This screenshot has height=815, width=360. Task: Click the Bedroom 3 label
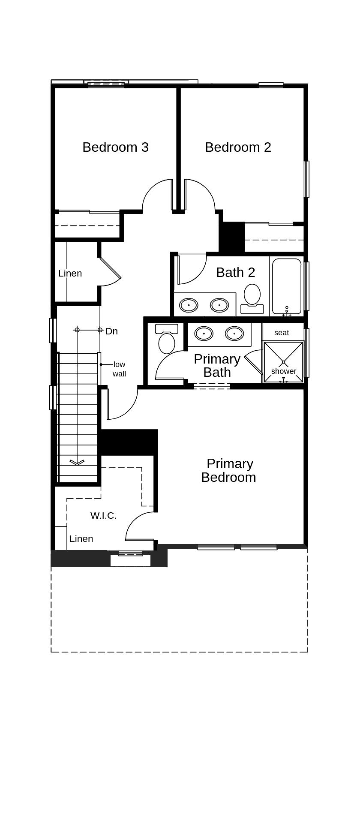point(115,147)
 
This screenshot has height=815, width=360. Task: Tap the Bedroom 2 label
point(238,147)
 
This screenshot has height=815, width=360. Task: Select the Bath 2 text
point(235,272)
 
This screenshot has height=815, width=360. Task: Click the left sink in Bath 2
point(189,305)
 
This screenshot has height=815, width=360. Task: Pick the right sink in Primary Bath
point(234,333)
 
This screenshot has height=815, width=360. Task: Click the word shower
point(283,371)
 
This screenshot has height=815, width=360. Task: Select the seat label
point(282,333)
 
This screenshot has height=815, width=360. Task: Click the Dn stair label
point(111,331)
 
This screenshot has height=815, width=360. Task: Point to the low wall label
point(119,369)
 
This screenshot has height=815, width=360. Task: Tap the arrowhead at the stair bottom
point(77,462)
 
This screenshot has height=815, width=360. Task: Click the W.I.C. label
point(103,515)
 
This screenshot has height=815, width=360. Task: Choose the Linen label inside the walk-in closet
point(81,538)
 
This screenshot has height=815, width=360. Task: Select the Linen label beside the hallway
point(70,273)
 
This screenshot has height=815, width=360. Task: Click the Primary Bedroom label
point(228,470)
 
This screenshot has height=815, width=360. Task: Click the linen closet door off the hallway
point(110,269)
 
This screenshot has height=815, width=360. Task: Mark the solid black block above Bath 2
point(231,237)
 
